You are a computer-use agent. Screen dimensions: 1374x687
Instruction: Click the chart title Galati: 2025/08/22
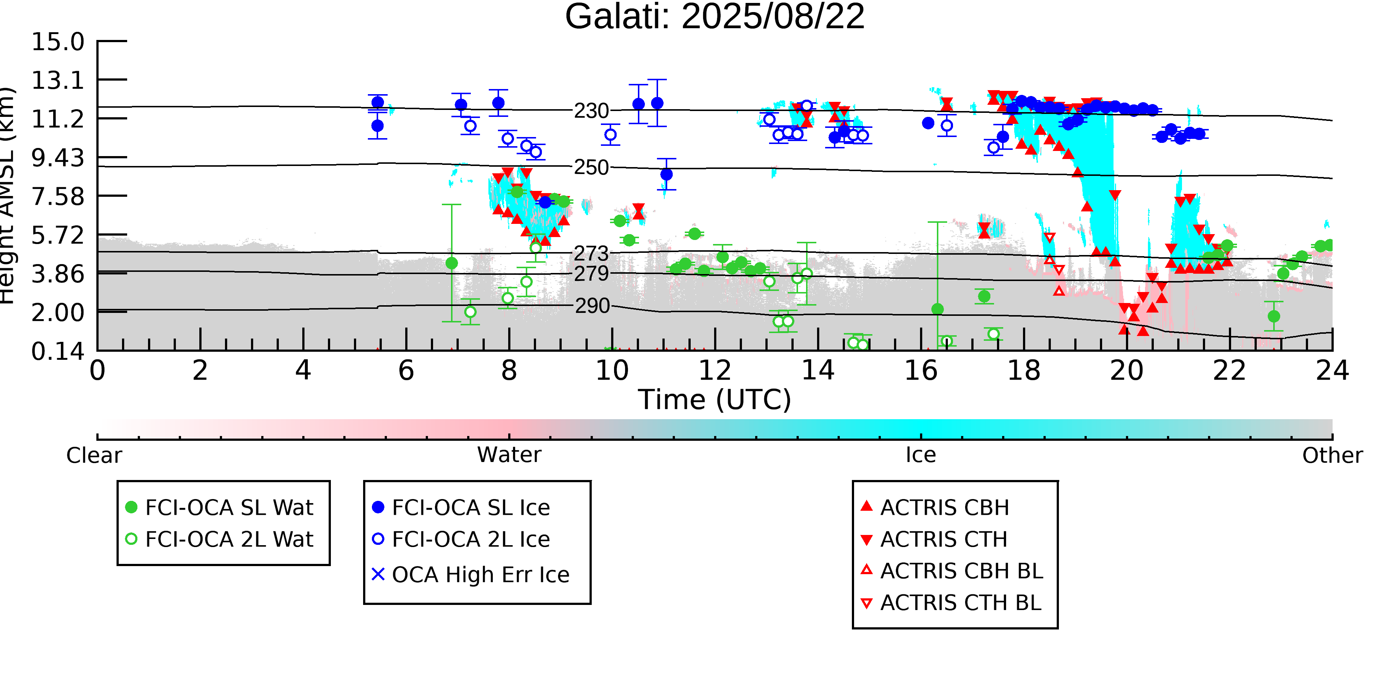coord(715,17)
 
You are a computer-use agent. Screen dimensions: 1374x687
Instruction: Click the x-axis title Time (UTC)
coord(715,399)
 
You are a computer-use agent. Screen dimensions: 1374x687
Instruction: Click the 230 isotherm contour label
coord(591,111)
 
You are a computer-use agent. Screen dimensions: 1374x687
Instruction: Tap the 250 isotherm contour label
coord(591,167)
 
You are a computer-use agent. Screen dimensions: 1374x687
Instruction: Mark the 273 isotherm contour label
coord(591,253)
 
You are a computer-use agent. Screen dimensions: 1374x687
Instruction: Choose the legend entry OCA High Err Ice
coord(471,575)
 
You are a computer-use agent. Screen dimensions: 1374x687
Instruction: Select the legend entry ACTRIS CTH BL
coord(951,603)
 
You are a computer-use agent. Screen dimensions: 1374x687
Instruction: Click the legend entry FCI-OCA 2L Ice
coord(461,539)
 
